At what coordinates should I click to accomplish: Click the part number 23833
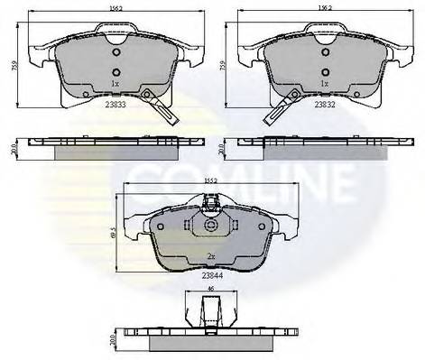click(115, 104)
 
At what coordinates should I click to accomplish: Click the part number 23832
click(325, 104)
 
